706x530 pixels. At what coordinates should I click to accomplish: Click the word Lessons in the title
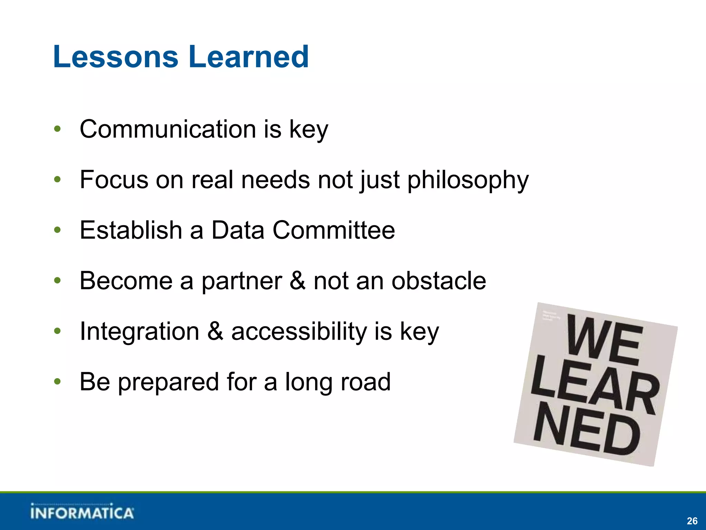pyautogui.click(x=116, y=57)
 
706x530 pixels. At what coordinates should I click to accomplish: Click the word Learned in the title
pyautogui.click(x=249, y=57)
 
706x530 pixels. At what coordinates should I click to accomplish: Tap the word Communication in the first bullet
pyautogui.click(x=168, y=129)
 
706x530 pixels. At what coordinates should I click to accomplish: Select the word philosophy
pyautogui.click(x=468, y=180)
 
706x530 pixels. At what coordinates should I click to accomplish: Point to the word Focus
pyautogui.click(x=113, y=180)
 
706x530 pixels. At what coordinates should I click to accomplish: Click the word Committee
pyautogui.click(x=334, y=230)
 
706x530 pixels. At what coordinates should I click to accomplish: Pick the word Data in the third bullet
pyautogui.click(x=238, y=230)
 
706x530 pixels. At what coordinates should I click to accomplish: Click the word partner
pyautogui.click(x=241, y=281)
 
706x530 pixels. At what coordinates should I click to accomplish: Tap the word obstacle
pyautogui.click(x=438, y=281)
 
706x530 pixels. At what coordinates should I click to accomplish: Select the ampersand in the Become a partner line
pyautogui.click(x=297, y=281)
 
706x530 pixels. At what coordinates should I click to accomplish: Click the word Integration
pyautogui.click(x=139, y=331)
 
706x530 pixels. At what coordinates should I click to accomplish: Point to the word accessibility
pyautogui.click(x=299, y=331)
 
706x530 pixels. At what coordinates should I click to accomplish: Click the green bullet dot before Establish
pyautogui.click(x=57, y=230)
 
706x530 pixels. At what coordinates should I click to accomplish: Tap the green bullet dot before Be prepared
pyautogui.click(x=57, y=382)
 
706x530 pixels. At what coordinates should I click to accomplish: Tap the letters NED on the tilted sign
pyautogui.click(x=586, y=430)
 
